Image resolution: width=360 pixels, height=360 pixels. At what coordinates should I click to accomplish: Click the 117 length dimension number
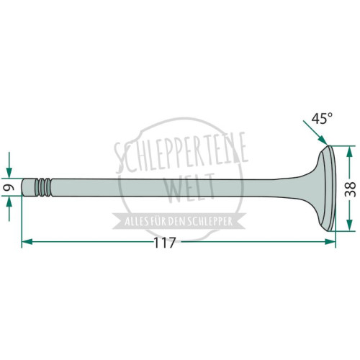[x=165, y=243]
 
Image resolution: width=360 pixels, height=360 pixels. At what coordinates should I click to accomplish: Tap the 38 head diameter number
[x=350, y=189]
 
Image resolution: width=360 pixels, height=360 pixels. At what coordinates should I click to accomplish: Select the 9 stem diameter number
[x=9, y=187]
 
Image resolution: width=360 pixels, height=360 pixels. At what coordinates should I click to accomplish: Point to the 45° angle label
[x=322, y=119]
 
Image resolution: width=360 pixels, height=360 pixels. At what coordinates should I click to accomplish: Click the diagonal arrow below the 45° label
[x=315, y=132]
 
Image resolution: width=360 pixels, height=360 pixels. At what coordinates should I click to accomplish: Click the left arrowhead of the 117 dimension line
[x=27, y=242]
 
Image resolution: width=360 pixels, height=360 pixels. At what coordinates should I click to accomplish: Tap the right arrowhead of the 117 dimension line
[x=330, y=242]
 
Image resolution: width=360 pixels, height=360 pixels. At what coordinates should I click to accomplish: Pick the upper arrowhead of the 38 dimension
[x=350, y=151]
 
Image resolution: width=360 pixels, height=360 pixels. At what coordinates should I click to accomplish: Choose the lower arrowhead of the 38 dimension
[x=350, y=225]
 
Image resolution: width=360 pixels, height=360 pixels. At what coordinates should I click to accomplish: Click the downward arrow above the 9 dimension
[x=9, y=165]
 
